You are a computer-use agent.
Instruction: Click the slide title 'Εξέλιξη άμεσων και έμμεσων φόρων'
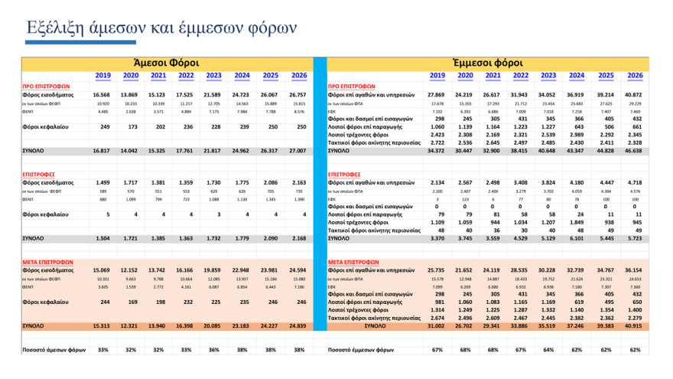click(161, 28)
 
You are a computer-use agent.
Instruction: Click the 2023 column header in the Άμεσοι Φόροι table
click(214, 76)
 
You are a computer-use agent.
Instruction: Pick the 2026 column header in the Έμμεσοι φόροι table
click(635, 76)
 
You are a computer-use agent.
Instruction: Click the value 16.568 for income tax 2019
click(102, 94)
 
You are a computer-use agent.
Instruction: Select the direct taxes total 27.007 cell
click(297, 152)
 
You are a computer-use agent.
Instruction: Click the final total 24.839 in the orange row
click(297, 326)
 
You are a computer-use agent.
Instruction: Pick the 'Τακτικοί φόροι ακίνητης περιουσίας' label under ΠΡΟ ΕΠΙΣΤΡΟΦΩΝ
click(375, 142)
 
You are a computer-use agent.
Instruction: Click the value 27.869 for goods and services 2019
click(437, 94)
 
